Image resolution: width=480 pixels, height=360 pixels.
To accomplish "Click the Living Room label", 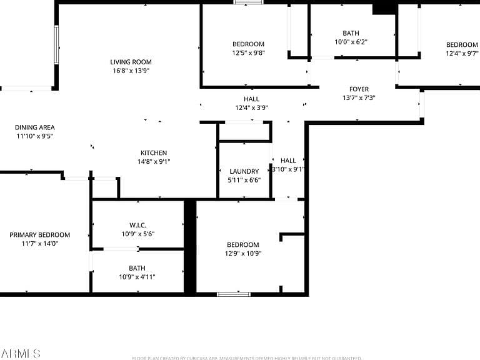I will (131, 62).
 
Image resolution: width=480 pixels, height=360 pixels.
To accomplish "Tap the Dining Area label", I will (34, 127).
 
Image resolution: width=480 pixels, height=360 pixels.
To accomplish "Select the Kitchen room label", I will (153, 153).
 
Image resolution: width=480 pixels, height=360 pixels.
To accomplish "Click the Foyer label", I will (359, 89).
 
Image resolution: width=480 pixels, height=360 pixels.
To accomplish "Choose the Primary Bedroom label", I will (39, 235).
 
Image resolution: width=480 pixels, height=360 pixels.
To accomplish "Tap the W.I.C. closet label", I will (137, 225).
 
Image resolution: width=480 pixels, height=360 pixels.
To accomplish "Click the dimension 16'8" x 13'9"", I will (131, 71).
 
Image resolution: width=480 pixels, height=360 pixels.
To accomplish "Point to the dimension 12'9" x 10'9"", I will (242, 253).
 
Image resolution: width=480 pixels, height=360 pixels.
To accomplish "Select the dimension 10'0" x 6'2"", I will (351, 42).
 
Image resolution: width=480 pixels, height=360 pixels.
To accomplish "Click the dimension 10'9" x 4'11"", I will (137, 277).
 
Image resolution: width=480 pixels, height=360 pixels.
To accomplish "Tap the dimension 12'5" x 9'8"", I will (248, 52).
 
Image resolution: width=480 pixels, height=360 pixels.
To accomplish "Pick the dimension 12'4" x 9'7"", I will (462, 53).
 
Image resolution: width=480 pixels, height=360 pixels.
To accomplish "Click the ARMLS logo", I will (21, 354).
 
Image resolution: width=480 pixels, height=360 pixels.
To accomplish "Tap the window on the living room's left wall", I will (56, 44).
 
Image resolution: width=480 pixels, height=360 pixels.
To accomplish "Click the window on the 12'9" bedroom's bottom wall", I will (233, 294).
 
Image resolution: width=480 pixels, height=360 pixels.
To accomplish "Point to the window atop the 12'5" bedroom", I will (247, 2).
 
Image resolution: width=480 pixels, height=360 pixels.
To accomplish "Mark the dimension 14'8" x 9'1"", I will (153, 161).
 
